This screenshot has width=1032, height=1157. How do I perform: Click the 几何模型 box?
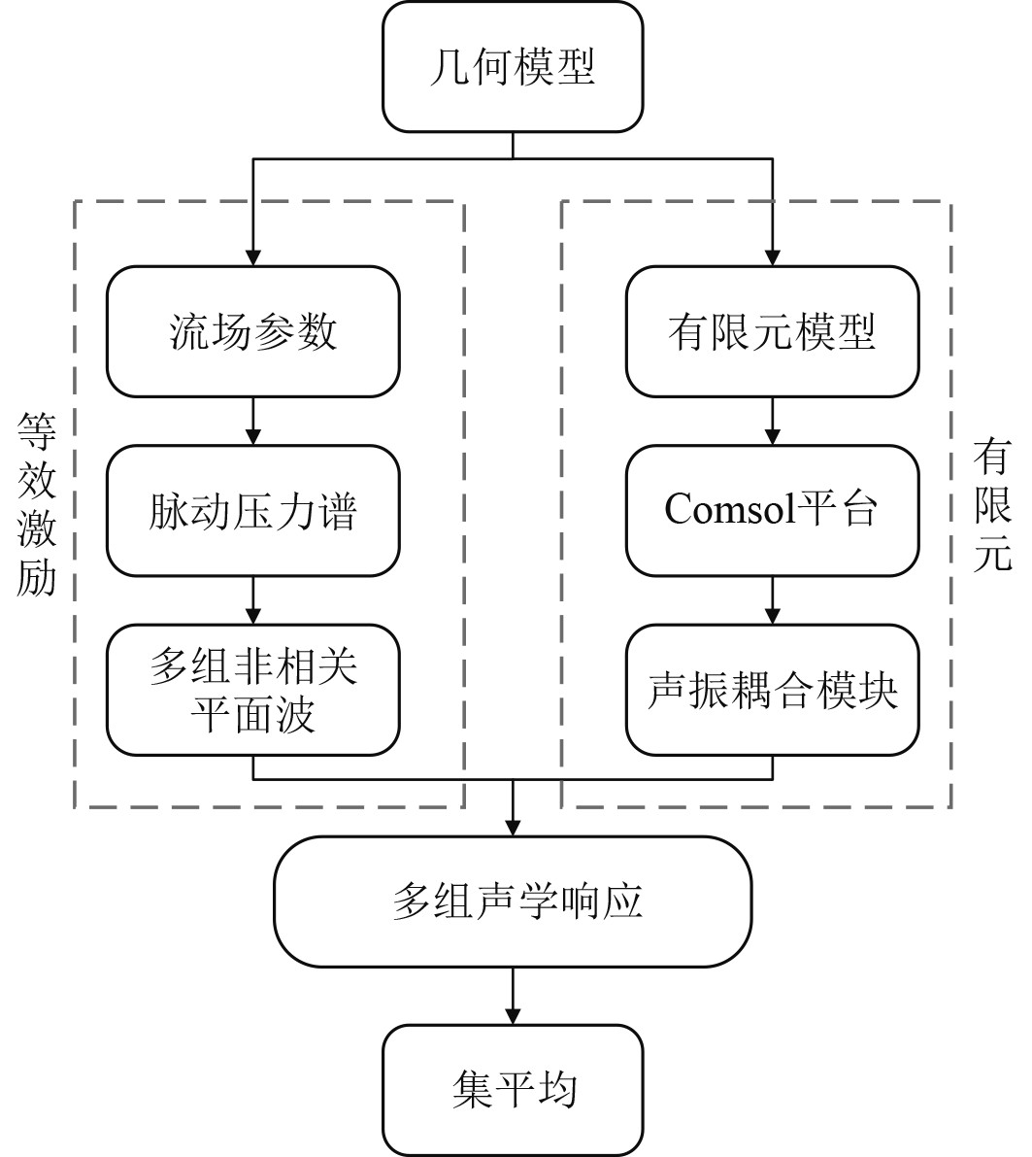click(513, 66)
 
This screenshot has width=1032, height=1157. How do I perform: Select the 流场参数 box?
click(253, 331)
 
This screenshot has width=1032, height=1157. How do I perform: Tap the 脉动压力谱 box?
click(253, 511)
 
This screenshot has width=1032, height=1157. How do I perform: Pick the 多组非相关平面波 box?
click(253, 690)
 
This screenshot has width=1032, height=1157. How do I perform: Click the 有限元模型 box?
click(773, 331)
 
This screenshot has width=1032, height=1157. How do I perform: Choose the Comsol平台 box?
click(773, 511)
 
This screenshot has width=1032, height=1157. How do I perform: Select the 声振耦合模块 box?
click(773, 690)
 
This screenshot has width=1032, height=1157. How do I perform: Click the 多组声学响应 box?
click(513, 902)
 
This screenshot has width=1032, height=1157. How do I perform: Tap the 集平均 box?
click(513, 1090)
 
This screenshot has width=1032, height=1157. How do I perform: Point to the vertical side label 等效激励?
click(37, 504)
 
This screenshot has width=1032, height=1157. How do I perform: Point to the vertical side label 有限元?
click(992, 504)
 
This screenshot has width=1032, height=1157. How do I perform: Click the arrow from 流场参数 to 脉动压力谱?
click(253, 422)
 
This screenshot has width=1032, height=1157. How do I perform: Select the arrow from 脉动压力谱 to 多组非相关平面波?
click(253, 600)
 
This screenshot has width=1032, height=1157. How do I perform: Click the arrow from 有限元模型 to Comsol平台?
click(773, 422)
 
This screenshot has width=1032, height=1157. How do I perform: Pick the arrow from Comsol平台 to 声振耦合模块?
click(773, 600)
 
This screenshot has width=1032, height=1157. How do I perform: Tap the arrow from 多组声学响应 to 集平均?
click(513, 996)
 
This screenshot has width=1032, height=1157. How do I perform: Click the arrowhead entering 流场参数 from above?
click(253, 256)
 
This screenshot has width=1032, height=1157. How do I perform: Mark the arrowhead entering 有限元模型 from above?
click(773, 256)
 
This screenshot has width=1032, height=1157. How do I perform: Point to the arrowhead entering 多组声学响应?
click(513, 827)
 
